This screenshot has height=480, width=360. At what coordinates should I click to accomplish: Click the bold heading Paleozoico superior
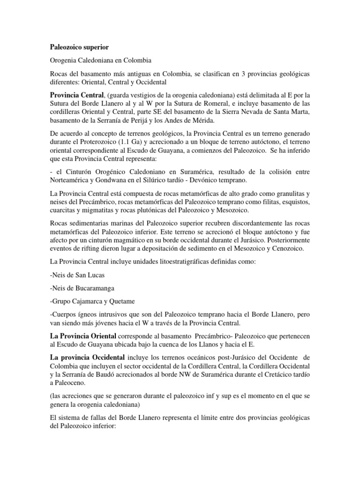point(79,47)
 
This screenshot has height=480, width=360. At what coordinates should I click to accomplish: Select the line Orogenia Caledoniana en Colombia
point(102,61)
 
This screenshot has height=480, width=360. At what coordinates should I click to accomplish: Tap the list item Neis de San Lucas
point(77,276)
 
